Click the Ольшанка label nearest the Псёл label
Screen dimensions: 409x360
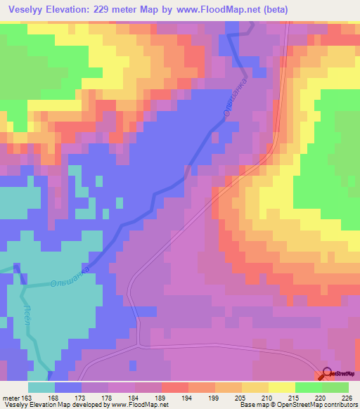[70, 279]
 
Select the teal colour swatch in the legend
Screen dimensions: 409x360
[41, 387]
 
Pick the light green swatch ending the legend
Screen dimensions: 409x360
[335, 387]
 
